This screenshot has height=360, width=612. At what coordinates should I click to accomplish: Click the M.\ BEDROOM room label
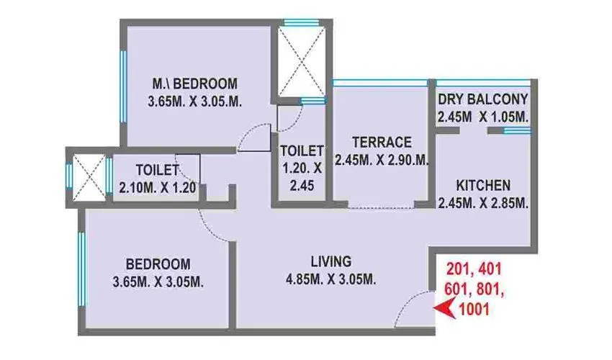194,82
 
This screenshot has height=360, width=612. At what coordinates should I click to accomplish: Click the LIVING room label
331,260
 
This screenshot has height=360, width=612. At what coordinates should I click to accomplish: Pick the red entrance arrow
448,310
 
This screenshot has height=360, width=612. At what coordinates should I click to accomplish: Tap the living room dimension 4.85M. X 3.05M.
331,279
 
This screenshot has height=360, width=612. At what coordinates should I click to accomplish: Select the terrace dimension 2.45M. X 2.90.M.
382,160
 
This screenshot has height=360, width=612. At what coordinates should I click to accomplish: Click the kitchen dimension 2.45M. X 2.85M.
483,203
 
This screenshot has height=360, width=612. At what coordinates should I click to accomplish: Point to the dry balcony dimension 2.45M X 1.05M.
483,117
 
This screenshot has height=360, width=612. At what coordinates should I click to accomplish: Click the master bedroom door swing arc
253,137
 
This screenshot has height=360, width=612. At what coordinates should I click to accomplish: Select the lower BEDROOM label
158,263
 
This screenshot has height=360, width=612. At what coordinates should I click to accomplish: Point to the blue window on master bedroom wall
123,82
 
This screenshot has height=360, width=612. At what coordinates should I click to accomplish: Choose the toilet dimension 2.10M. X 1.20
157,189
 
